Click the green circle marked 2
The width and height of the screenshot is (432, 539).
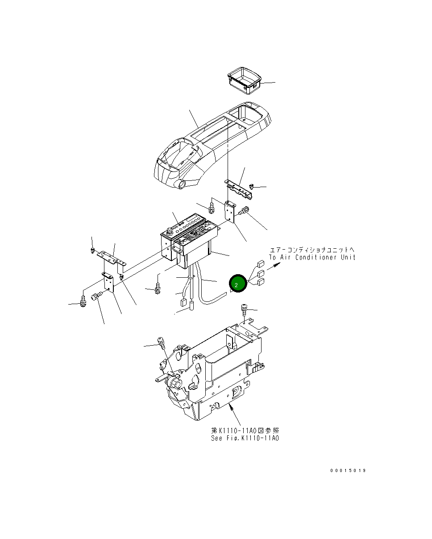click(237, 284)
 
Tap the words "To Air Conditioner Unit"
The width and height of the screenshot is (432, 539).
click(312, 257)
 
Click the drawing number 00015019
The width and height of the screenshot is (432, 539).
click(348, 471)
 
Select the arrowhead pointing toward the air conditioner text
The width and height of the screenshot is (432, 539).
click(279, 265)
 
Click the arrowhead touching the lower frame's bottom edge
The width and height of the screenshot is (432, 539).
click(231, 405)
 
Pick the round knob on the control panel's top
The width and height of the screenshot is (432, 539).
click(170, 231)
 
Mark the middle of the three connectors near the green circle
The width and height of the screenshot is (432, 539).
click(261, 272)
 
